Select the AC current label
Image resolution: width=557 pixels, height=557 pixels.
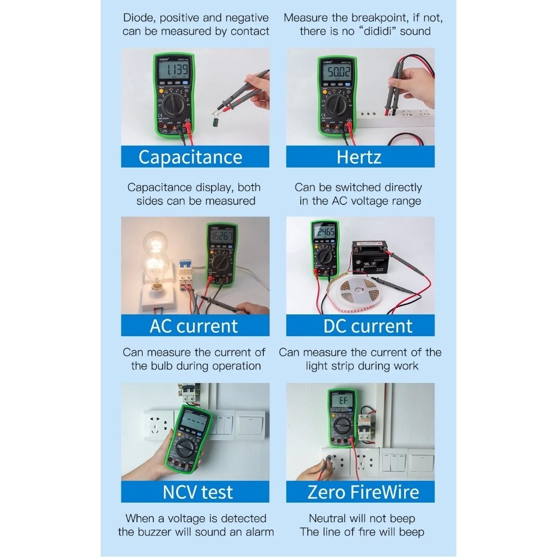coord(195,326)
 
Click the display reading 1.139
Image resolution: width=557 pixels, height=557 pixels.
coord(176,71)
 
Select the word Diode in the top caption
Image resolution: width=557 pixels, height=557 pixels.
coord(138,18)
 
